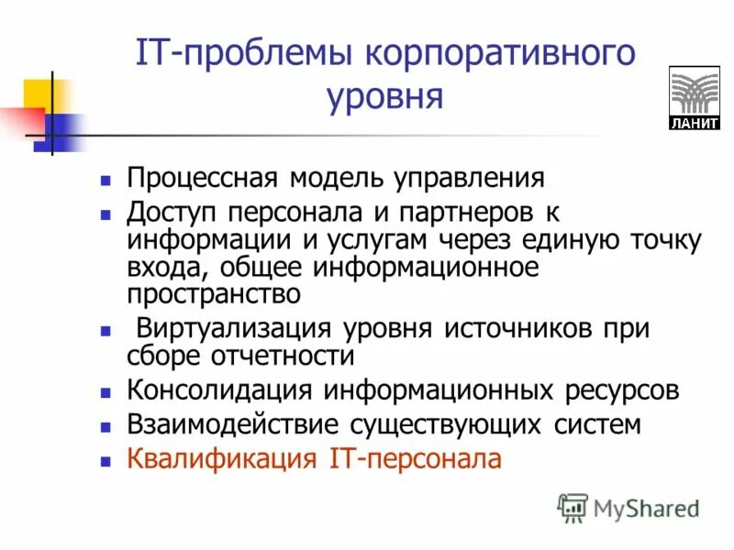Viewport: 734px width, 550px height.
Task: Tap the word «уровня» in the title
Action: coord(385,95)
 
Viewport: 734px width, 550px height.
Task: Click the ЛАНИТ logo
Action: coord(695,98)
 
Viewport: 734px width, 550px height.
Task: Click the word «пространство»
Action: coord(215,294)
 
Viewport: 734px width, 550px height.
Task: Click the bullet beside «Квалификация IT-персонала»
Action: coord(106,460)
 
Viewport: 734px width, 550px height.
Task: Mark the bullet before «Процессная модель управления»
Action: coord(106,180)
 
